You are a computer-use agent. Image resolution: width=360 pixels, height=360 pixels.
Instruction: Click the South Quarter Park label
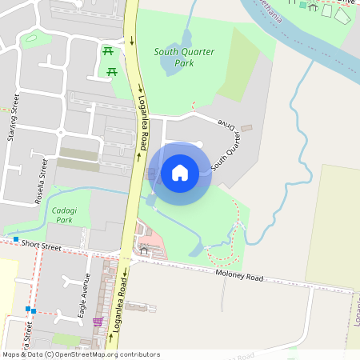[x=184, y=57]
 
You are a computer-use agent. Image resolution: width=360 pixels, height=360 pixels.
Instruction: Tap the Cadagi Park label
[x=62, y=214]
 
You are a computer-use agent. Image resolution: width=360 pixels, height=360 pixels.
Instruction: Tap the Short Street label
[x=42, y=248]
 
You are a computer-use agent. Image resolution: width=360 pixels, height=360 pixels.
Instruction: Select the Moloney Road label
[x=238, y=277]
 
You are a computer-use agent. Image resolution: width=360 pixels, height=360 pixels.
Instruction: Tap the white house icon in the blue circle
[x=180, y=172]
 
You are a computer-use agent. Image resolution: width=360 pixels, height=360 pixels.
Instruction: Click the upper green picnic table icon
[x=108, y=52]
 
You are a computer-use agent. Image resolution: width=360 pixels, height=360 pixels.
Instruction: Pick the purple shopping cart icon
[x=98, y=322]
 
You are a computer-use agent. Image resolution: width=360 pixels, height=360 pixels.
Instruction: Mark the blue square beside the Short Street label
[x=15, y=239]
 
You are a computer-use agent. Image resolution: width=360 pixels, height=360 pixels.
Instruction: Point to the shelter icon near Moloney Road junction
[x=144, y=250]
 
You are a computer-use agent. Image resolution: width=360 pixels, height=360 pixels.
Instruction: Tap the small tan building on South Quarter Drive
[x=246, y=128]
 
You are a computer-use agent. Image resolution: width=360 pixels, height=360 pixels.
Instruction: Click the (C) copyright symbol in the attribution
[x=50, y=354]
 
